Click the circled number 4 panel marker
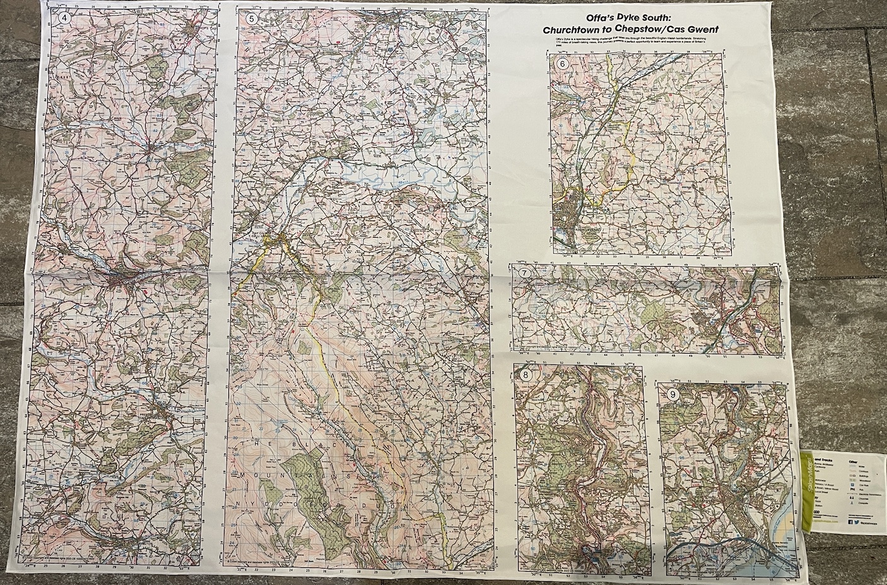click(63, 18)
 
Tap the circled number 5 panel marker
click(252, 18)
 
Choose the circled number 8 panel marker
click(525, 375)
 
